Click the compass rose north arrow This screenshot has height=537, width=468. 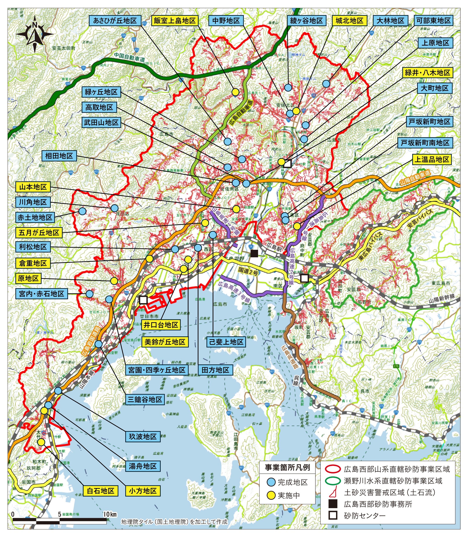point(35,34)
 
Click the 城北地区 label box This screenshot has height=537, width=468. point(349,21)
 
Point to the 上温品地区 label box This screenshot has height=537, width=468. point(432,159)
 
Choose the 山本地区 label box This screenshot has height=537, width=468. point(33,187)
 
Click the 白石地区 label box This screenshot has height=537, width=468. point(101,491)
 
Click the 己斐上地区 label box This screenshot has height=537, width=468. point(226,342)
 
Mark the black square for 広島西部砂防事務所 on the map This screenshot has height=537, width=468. point(254,253)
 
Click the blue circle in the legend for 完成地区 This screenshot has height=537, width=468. point(272,482)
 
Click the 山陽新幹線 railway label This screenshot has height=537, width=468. point(441,298)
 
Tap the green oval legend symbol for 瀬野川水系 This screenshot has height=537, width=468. point(333,481)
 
